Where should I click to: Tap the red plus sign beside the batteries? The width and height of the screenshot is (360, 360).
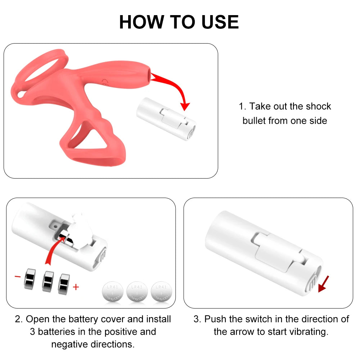click(76, 287)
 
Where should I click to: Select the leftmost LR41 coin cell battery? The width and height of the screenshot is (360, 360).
click(113, 293)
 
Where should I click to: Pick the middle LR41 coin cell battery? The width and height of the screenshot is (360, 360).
click(137, 293)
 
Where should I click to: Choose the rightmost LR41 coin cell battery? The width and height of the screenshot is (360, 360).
click(161, 293)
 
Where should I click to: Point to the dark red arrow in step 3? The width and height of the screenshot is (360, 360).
click(324, 283)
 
